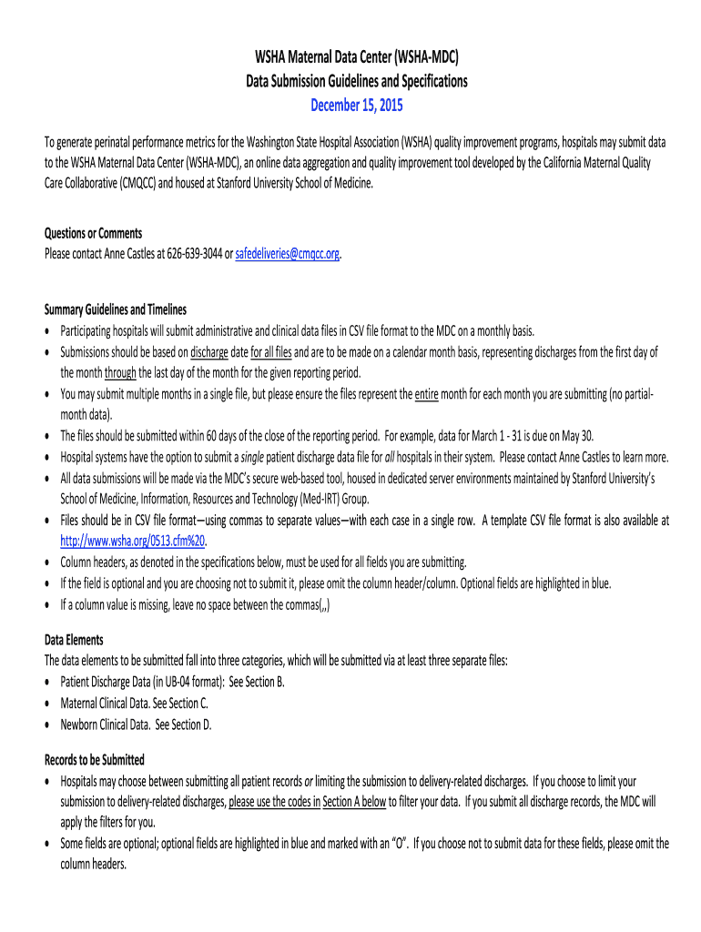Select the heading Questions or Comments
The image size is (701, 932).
point(93,233)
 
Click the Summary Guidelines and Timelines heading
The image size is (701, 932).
point(116,309)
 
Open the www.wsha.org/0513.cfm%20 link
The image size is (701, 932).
point(133,540)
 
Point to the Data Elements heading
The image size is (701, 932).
point(74,640)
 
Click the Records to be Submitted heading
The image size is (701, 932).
point(95,759)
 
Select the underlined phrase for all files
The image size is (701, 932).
point(271,351)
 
